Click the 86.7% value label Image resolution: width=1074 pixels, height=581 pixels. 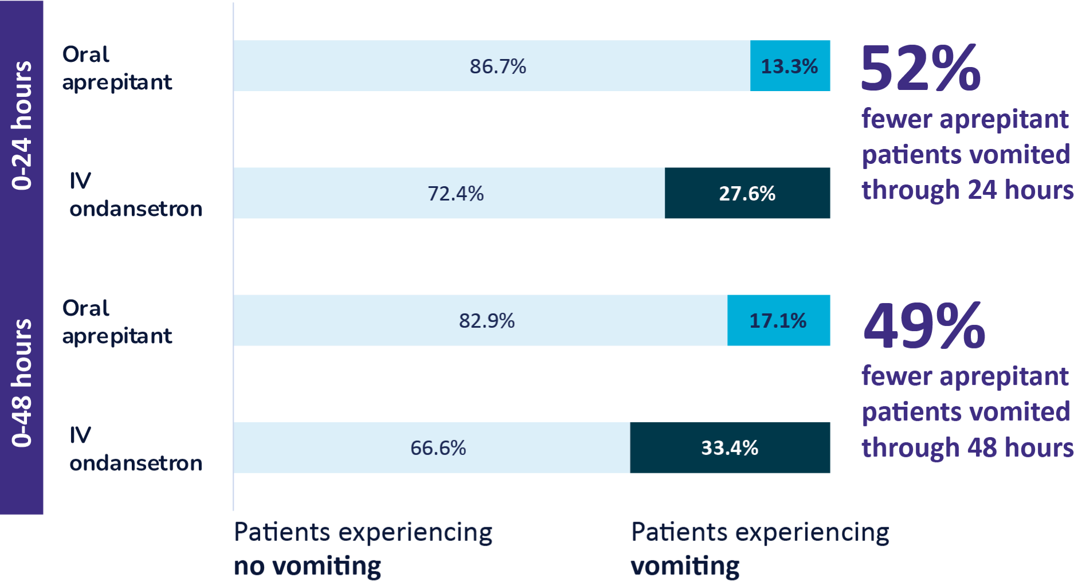click(x=497, y=66)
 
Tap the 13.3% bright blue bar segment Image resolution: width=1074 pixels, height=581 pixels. click(x=790, y=66)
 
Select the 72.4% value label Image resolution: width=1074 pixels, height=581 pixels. click(x=456, y=194)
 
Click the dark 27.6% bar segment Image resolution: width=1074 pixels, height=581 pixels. click(x=747, y=194)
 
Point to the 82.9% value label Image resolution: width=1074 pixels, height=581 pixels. click(x=487, y=321)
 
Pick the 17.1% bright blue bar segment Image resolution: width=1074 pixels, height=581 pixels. click(x=778, y=321)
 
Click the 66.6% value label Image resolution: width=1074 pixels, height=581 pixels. click(x=438, y=448)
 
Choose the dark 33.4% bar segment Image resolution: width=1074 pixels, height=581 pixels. click(x=730, y=448)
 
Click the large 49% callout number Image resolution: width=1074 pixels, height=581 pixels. click(x=924, y=326)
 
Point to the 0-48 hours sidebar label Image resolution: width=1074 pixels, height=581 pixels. click(x=22, y=383)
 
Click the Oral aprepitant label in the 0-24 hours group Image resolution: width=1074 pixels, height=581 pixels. click(x=117, y=68)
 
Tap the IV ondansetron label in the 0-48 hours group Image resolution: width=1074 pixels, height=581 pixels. click(x=135, y=449)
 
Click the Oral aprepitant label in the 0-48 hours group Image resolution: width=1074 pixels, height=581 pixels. click(x=117, y=322)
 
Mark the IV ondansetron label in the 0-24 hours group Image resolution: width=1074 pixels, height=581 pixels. click(x=135, y=195)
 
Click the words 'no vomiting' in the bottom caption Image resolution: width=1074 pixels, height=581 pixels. click(x=307, y=566)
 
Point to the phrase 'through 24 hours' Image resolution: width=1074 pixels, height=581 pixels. click(x=967, y=190)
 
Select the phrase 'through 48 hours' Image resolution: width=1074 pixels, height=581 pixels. click(x=967, y=447)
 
